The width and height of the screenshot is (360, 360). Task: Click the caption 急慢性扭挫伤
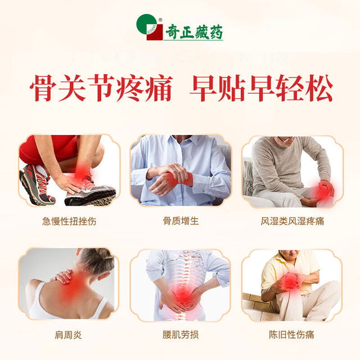coord(69,221)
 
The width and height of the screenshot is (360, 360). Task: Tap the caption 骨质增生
coord(180,221)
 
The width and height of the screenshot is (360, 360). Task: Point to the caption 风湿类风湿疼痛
coord(291,221)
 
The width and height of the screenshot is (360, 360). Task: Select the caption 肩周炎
coord(69,335)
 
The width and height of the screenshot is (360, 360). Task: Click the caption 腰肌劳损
coord(180,335)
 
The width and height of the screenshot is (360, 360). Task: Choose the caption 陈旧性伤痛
coord(291,335)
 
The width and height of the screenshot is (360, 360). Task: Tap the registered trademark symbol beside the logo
coord(160,20)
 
